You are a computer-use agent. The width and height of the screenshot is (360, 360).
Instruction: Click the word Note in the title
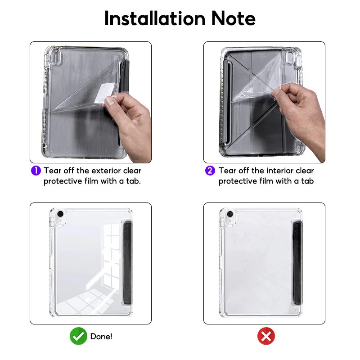(233, 18)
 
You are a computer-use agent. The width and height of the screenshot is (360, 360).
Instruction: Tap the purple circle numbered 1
(36, 171)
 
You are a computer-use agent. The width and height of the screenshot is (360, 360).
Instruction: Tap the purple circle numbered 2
(210, 171)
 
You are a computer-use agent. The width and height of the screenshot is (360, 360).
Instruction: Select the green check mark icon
(78, 336)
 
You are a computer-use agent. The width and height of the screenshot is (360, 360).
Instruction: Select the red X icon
(266, 336)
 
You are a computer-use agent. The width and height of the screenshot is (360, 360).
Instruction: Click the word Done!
(101, 337)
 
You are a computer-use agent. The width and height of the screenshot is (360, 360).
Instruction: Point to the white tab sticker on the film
(105, 93)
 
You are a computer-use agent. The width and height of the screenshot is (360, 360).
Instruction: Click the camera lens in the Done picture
(60, 214)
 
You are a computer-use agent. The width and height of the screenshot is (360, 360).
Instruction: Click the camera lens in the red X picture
(230, 214)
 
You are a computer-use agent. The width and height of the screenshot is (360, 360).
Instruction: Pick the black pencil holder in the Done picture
(128, 263)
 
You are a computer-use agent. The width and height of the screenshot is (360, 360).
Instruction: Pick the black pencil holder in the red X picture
(297, 263)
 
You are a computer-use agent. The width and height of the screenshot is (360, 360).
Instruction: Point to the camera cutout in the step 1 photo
(55, 57)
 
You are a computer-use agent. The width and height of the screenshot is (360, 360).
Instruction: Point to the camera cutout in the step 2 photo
(290, 58)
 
